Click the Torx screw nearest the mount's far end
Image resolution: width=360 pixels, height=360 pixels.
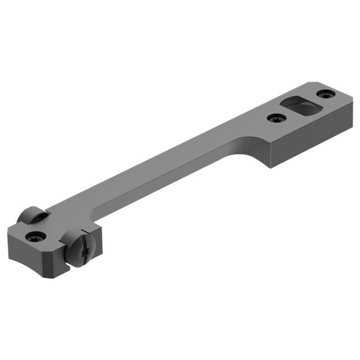pyautogui.click(x=326, y=94)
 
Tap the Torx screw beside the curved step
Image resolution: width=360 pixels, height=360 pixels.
pyautogui.click(x=276, y=119)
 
